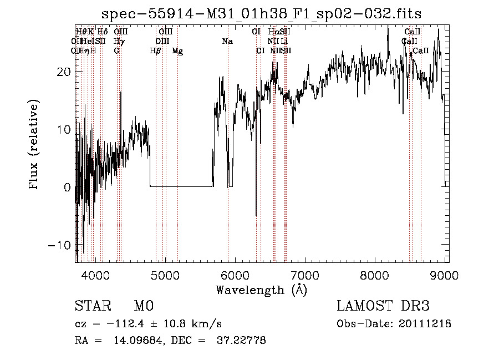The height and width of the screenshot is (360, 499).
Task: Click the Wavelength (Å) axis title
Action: pos(261,290)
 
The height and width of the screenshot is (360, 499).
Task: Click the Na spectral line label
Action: pos(227,41)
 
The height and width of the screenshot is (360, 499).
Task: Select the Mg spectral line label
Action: pos(177,50)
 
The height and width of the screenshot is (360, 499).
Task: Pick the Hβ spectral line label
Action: pos(155,50)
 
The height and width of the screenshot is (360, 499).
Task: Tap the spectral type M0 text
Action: pos(143,306)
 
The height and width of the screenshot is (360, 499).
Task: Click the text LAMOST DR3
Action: pos(383,306)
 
